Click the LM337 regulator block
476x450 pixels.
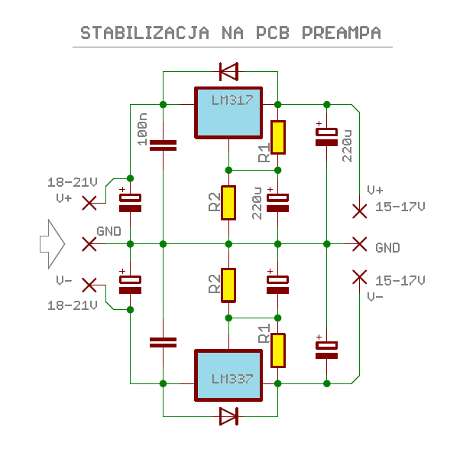(x=228, y=374)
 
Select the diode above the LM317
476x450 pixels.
(x=228, y=72)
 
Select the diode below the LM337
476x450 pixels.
(x=228, y=416)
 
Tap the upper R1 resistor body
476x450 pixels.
(x=278, y=138)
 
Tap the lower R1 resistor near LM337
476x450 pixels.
(x=278, y=350)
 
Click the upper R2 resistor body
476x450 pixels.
(x=228, y=202)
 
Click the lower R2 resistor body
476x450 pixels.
(x=228, y=285)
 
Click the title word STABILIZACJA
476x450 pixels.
(x=144, y=33)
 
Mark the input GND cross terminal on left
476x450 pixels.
(x=89, y=243)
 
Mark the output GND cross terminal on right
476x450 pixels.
(x=359, y=243)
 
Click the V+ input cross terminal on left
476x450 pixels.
(x=89, y=202)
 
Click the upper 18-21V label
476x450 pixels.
(x=73, y=182)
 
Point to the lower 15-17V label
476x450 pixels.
(x=400, y=280)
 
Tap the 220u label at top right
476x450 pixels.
(x=347, y=145)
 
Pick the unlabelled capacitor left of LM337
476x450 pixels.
(x=163, y=341)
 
